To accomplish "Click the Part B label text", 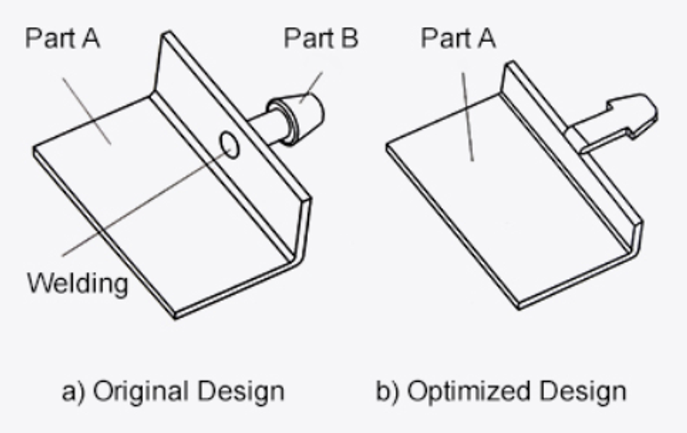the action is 321,38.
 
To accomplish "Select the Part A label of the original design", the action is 63,38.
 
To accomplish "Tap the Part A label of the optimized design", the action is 458,38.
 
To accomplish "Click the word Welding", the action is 77,284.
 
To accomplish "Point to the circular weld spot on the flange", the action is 229,144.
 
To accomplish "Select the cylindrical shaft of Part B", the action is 265,127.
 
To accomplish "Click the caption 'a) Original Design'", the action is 173,391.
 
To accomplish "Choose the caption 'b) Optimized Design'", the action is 501,392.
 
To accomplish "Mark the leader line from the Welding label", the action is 146,202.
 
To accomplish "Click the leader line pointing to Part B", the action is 311,88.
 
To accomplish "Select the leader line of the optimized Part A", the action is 467,117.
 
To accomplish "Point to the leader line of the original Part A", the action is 86,111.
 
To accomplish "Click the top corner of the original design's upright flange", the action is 166,32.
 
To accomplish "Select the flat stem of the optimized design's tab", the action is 592,134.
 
